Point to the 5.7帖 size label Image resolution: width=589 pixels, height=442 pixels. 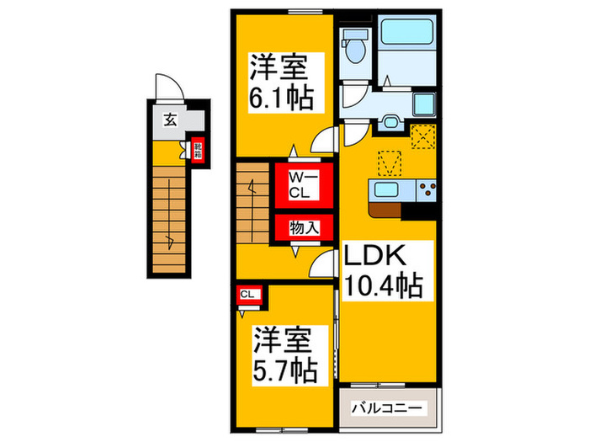pos(284,368)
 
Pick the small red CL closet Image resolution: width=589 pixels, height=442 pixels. pos(247,294)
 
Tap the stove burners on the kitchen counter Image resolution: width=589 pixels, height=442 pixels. pos(424,189)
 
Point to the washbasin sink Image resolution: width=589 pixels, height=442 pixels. pos(390,122)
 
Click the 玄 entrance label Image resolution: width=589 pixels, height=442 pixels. pos(170,120)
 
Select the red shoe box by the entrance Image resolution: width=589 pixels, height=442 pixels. pos(199,152)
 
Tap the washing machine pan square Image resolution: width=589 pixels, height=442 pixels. pos(423,104)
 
